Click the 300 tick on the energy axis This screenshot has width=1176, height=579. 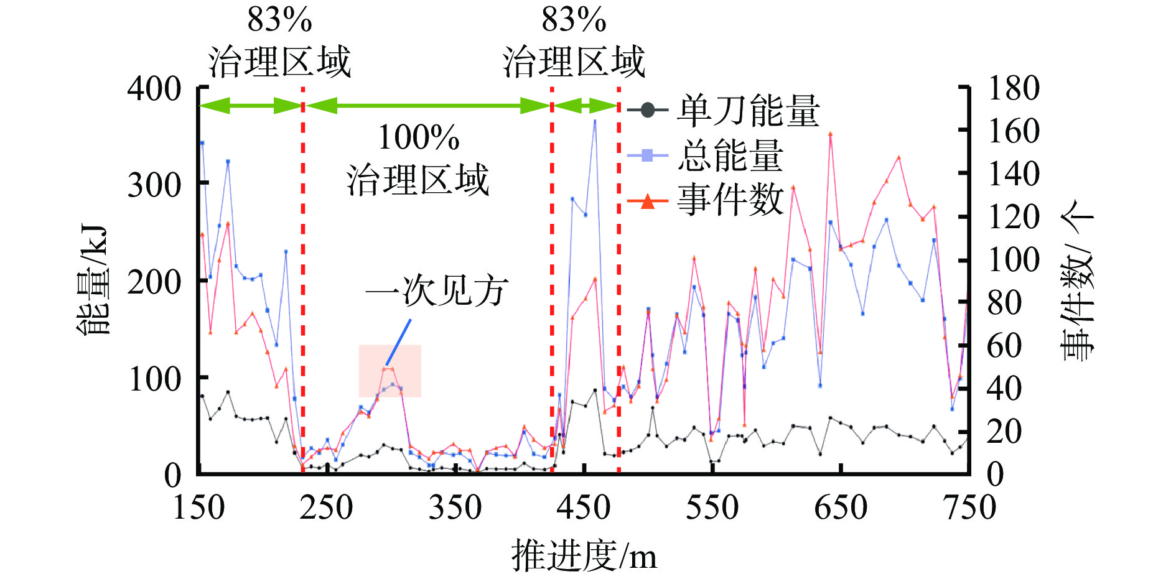coord(154,185)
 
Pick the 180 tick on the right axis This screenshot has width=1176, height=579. coord(1014,88)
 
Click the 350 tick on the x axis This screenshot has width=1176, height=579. coord(455,507)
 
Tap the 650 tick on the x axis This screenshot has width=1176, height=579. coord(841,507)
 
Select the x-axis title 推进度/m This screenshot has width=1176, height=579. coord(584,555)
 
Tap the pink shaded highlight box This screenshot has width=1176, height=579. coord(390,371)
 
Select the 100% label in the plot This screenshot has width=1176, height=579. coord(419,137)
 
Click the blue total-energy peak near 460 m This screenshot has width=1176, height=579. coord(595,120)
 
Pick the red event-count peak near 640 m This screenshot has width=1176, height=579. coord(830,134)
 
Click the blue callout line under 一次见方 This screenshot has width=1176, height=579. coord(398,342)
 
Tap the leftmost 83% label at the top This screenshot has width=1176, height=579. coord(279,20)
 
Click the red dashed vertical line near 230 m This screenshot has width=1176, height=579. coord(303,280)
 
